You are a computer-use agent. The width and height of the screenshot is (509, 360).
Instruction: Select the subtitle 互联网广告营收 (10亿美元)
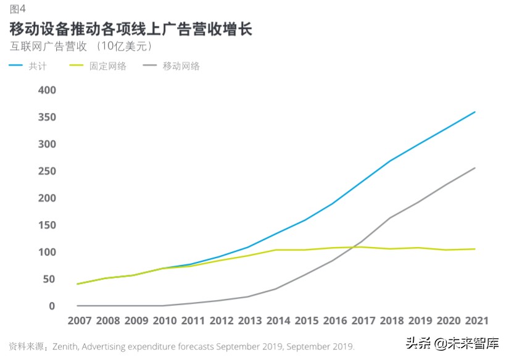(x=81, y=47)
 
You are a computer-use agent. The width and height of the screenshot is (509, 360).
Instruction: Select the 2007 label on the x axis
(x=79, y=321)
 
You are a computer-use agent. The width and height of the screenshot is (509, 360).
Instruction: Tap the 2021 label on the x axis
(x=475, y=321)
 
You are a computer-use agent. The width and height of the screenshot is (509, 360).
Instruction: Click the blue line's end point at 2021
(x=474, y=112)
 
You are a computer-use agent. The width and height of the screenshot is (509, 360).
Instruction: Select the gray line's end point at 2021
(x=474, y=167)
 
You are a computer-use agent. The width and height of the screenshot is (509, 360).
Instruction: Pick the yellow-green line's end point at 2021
(x=474, y=249)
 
